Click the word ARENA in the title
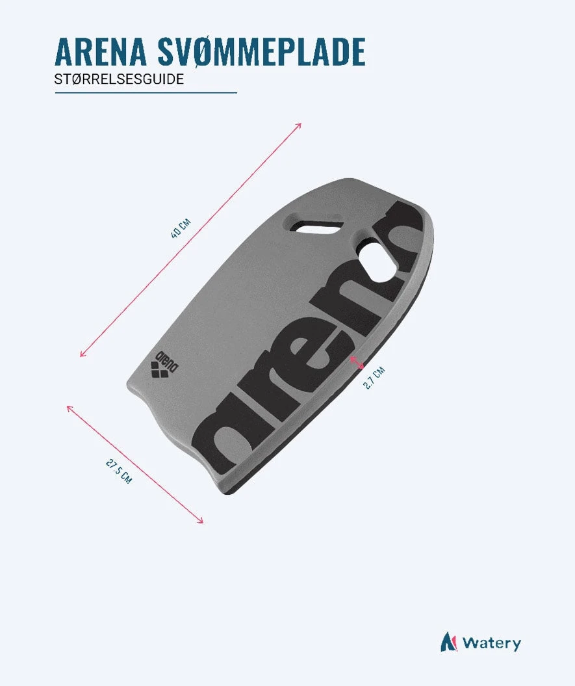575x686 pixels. point(101,51)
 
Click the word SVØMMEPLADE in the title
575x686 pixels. point(261,52)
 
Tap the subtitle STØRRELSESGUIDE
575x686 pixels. point(119,79)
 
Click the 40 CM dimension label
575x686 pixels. point(181,229)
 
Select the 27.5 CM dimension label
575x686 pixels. point(118,470)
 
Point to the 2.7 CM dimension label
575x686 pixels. point(374,378)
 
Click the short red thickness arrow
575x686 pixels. point(356,362)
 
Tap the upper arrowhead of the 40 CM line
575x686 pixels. point(299,126)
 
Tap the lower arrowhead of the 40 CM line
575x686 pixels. point(83,354)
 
